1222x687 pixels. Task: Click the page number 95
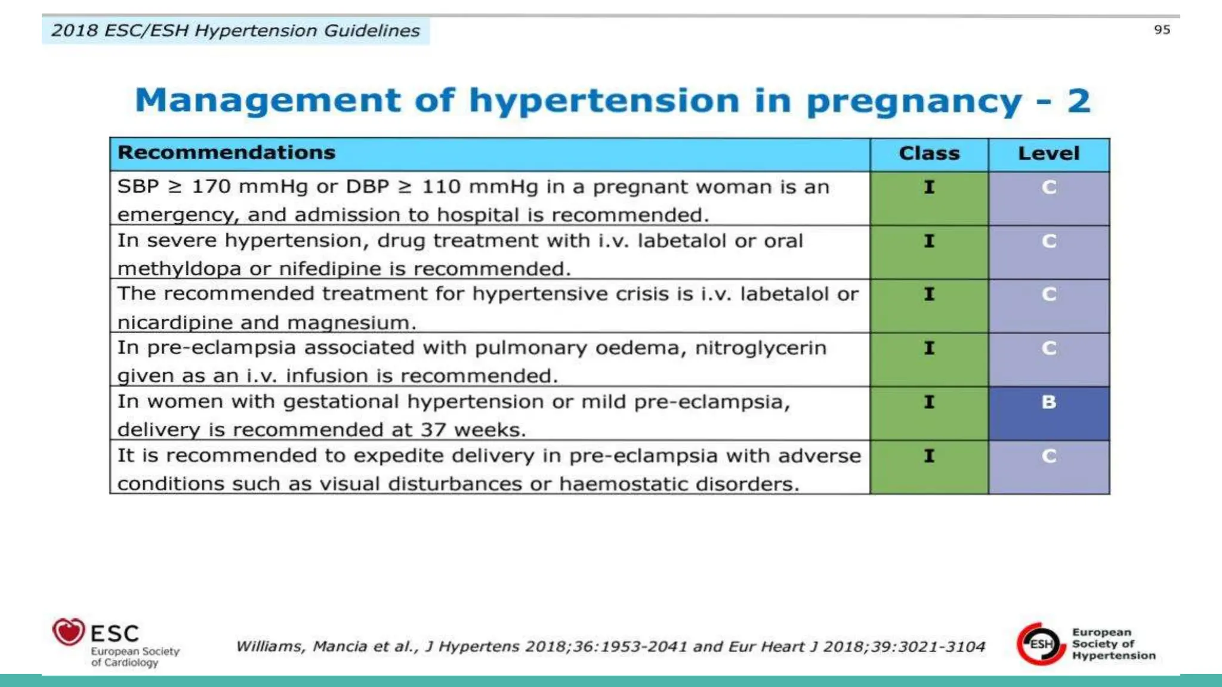[x=1162, y=30]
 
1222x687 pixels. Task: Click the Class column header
[x=929, y=154]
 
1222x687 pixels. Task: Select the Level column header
[x=1048, y=154]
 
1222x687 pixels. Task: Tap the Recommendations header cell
[x=227, y=153]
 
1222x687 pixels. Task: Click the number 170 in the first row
[x=211, y=187]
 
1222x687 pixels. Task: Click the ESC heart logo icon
[x=69, y=632]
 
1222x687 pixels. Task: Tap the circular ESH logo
[x=1041, y=643]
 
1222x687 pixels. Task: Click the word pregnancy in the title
[x=914, y=101]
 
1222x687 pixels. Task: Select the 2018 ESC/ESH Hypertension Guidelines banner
[x=235, y=30]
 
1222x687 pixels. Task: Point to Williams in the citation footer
[x=270, y=646]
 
